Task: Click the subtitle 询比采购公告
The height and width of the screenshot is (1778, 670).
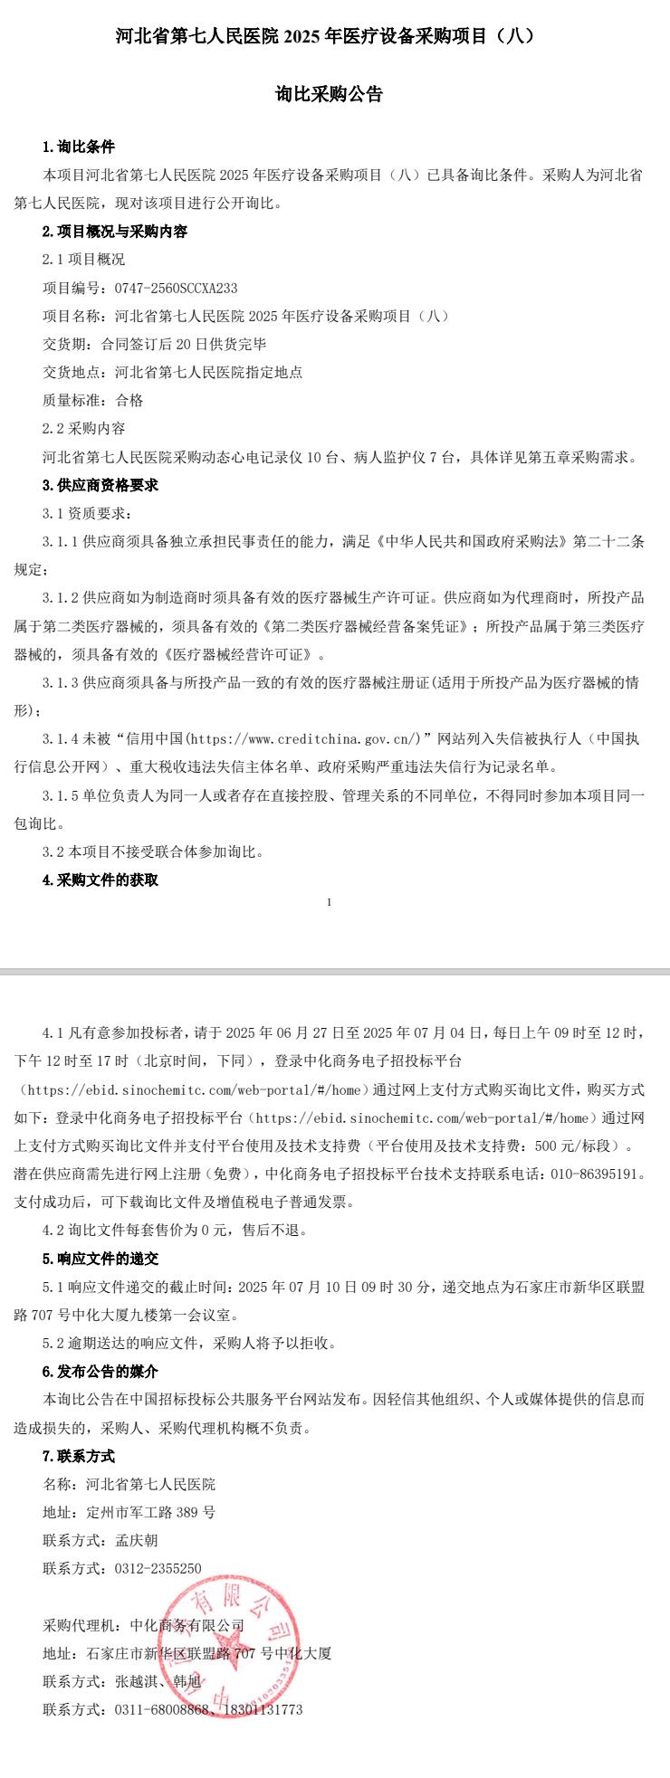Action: [x=329, y=94]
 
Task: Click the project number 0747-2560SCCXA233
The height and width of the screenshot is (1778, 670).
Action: [x=176, y=288]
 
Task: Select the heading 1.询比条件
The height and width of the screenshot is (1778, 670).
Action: [x=79, y=147]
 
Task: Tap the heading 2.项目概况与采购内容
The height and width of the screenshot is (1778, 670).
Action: [x=115, y=232]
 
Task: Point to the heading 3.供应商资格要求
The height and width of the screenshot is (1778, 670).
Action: [x=100, y=485]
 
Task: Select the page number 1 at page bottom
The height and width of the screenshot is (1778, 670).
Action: [x=330, y=901]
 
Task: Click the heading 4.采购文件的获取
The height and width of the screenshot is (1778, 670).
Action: [x=100, y=879]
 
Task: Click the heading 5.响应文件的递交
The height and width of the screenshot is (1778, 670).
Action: [x=100, y=1258]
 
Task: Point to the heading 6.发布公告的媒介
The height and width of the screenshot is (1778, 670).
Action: [x=100, y=1371]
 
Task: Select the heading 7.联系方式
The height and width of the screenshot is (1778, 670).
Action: [x=79, y=1456]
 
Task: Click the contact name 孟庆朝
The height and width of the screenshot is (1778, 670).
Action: [x=137, y=1540]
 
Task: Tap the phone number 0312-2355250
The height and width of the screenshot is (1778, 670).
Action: [x=158, y=1568]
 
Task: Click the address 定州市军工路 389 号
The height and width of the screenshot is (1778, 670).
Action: [x=151, y=1512]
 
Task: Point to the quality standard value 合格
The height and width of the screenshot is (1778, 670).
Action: [x=129, y=400]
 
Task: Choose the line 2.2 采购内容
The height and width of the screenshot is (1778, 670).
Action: [x=84, y=428]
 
